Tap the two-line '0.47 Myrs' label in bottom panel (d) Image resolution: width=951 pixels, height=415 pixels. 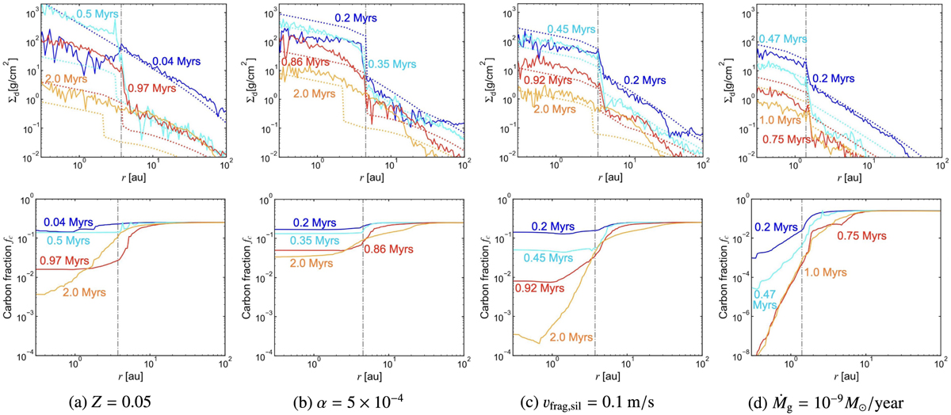pyautogui.click(x=762, y=300)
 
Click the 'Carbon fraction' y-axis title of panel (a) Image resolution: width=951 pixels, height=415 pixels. pyautogui.click(x=10, y=273)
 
